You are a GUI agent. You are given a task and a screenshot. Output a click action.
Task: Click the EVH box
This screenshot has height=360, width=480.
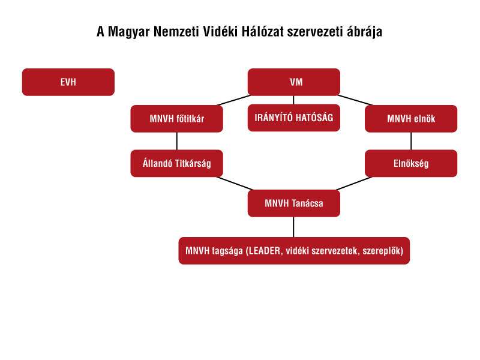point(68,82)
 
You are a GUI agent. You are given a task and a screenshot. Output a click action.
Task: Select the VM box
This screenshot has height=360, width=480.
point(294,82)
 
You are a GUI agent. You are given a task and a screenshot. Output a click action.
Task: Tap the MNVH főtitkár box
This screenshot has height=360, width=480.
point(176,119)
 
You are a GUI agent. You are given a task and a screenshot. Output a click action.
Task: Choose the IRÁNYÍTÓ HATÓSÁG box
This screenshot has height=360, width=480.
point(294,118)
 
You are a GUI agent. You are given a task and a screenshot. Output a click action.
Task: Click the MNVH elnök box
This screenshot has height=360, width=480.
point(411,119)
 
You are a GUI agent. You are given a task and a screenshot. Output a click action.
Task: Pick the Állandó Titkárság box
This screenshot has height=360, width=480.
point(176,163)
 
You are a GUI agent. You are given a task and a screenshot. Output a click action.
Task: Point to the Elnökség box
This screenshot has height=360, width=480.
point(411,163)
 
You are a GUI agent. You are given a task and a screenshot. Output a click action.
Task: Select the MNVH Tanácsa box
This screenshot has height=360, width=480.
point(294,203)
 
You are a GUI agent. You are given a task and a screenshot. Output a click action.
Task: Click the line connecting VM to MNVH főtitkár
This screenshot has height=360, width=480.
point(234,100)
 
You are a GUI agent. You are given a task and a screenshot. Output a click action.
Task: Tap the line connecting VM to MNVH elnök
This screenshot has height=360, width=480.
point(355,100)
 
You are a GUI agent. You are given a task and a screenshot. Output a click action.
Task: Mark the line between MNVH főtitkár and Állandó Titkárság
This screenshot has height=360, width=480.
point(177,141)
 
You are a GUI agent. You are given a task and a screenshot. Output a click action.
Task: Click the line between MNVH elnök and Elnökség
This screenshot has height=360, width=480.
point(411,141)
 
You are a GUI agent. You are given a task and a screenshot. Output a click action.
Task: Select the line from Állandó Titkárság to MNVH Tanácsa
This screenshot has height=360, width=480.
point(234,184)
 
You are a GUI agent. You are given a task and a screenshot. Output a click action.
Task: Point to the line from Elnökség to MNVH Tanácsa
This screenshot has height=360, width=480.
point(354,184)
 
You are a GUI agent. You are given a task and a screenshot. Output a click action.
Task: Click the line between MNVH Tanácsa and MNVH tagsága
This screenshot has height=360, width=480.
point(294,227)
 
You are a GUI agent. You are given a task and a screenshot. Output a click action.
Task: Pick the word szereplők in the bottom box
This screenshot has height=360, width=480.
point(383,251)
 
